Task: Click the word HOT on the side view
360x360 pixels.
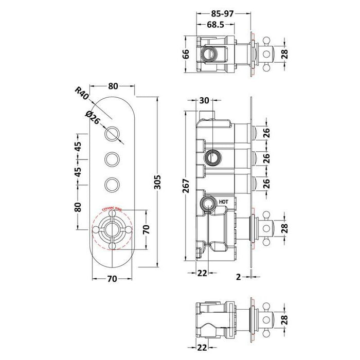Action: tap(224, 202)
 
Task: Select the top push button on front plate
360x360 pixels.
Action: tap(113, 135)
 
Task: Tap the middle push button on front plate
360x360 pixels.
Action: tap(113, 158)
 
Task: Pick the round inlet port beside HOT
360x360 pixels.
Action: tap(209, 203)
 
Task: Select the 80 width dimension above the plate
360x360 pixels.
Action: tap(113, 86)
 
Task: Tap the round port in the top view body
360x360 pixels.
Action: tap(210, 53)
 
